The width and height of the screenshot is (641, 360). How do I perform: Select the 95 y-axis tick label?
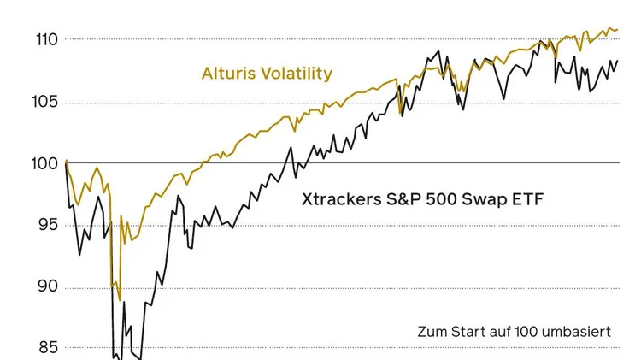coord(42,225)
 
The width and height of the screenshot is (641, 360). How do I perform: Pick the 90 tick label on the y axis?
coord(42,286)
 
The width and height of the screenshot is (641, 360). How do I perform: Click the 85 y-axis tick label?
coord(42,347)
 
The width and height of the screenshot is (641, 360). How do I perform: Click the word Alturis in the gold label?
coord(228,74)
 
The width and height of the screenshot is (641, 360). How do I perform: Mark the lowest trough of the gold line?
coord(120,300)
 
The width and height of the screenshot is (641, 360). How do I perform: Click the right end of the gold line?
coord(617,30)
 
